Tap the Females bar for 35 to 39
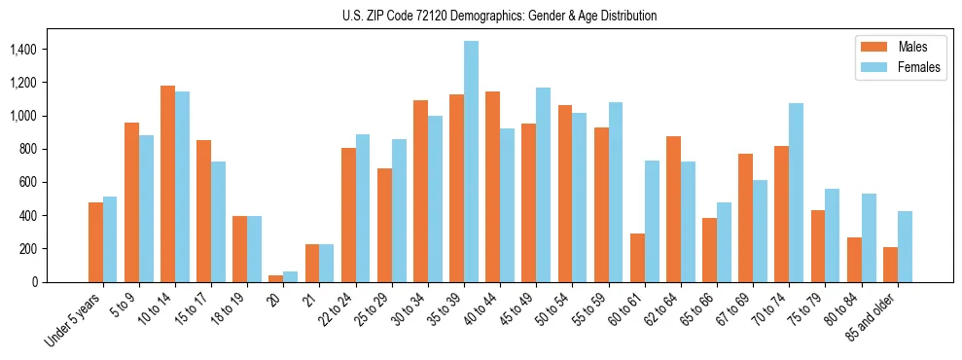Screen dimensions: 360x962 coord(471,162)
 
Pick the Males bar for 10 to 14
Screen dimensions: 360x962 coord(167,184)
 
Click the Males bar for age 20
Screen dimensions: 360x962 coord(276,278)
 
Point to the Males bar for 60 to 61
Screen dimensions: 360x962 coord(637,258)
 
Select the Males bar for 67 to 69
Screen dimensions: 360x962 coord(745,218)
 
